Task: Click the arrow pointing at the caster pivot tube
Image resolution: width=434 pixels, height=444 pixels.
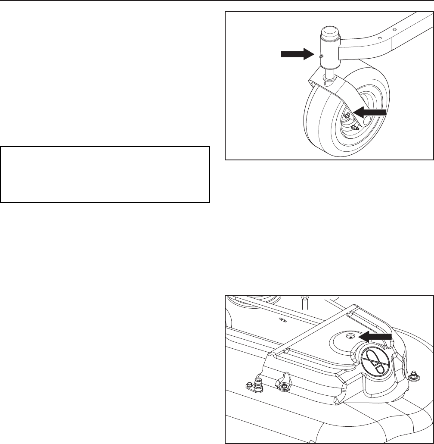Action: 295,53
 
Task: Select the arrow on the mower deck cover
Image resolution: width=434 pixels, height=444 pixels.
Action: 376,335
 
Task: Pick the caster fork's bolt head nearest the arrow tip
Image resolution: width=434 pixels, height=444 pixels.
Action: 347,115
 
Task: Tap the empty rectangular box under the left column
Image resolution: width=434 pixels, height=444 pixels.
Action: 105,174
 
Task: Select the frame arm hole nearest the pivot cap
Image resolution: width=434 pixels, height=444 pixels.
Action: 379,38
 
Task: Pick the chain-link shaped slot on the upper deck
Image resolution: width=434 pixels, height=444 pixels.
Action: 282,319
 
